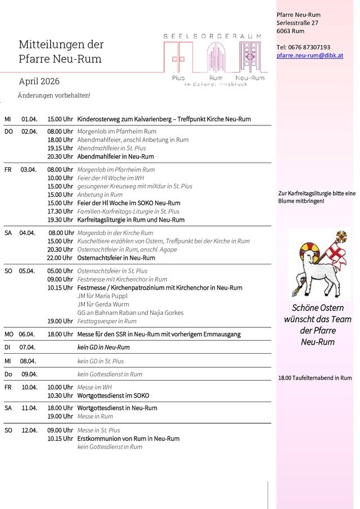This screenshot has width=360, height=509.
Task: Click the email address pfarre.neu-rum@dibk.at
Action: tap(309, 56)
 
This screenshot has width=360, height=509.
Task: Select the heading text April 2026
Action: tap(39, 82)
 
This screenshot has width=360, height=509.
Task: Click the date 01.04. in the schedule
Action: tap(29, 119)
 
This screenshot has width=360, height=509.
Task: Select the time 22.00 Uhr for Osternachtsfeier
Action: tap(60, 258)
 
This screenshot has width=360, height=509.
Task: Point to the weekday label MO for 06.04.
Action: tap(8, 334)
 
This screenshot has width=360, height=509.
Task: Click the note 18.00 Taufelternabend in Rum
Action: tap(315, 378)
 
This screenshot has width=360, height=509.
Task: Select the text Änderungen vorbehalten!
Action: tap(54, 96)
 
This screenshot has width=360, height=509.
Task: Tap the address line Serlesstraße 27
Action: tap(298, 22)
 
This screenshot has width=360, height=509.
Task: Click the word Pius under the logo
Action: tap(178, 78)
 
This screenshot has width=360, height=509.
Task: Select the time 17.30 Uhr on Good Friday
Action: tap(60, 211)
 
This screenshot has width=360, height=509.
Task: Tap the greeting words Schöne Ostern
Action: tap(318, 308)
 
